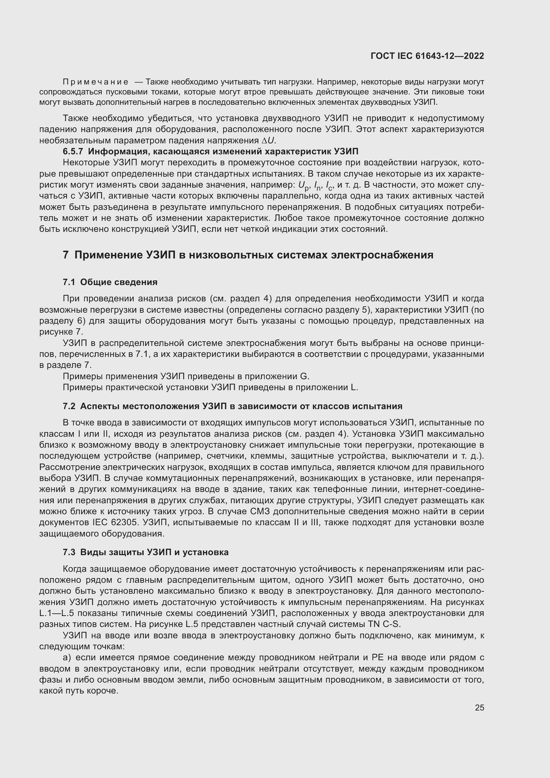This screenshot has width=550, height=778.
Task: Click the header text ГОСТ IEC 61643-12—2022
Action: (427, 56)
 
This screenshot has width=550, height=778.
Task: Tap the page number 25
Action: (479, 707)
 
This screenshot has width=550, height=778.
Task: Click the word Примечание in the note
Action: (96, 82)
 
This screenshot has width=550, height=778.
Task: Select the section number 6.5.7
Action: (73, 151)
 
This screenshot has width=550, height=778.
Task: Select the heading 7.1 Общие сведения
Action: (110, 282)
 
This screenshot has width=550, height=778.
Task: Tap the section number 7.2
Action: (69, 406)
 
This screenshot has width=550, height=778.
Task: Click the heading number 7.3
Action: (69, 552)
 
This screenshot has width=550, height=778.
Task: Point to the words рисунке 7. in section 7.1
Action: (61, 332)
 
